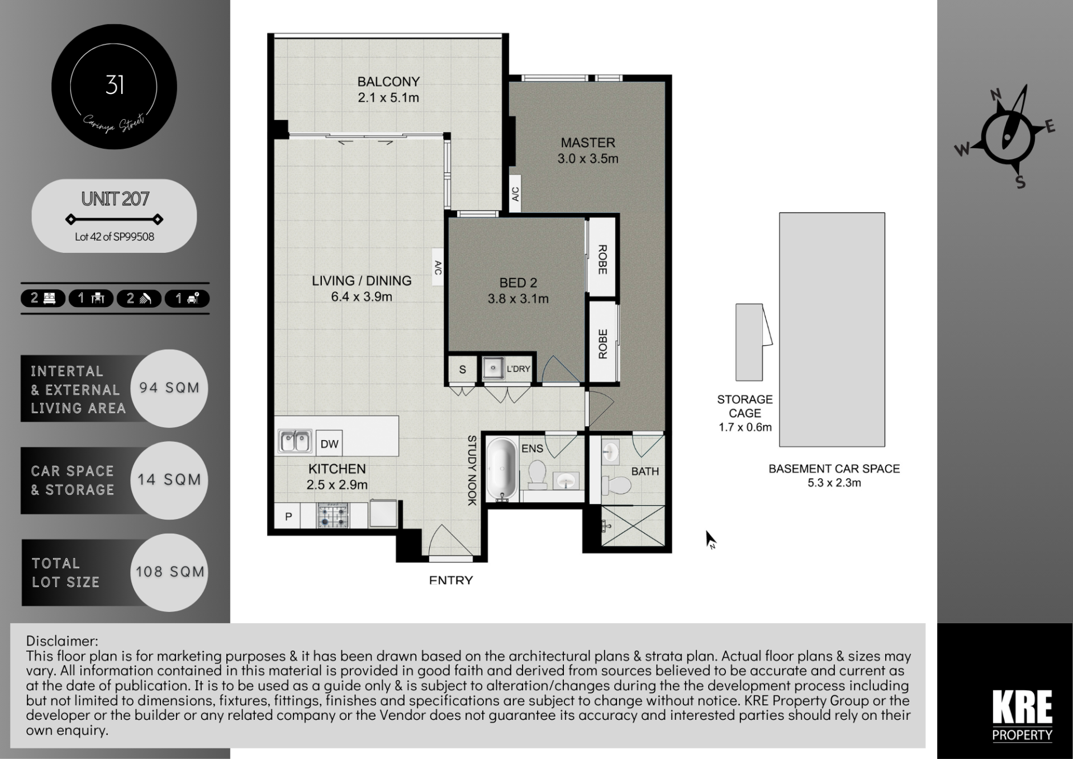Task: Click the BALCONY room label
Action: (388, 82)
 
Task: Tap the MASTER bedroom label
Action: (588, 143)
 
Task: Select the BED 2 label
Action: (518, 283)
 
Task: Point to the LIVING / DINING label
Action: (362, 281)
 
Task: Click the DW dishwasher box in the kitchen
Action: (329, 444)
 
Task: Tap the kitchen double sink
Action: (295, 441)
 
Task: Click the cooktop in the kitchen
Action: (333, 515)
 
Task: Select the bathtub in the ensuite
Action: (501, 469)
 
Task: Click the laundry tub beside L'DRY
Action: (493, 369)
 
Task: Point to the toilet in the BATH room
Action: (616, 484)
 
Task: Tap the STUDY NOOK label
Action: (472, 470)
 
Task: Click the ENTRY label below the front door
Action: (451, 581)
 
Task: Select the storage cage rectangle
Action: (749, 342)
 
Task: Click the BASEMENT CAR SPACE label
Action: (834, 469)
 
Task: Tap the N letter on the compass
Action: (996, 95)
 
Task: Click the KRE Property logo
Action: (1022, 715)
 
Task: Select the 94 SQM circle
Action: (169, 388)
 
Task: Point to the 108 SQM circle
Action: (169, 572)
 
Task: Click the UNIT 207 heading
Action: (115, 199)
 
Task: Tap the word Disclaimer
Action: (62, 641)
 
